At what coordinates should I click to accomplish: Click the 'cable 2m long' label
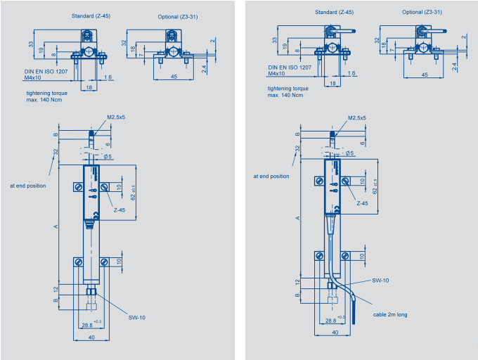391,315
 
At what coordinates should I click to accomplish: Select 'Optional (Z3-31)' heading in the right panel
422,12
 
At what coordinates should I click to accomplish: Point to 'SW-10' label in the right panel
381,280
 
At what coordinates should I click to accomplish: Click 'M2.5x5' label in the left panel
116,117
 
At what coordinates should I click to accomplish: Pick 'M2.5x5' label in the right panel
357,118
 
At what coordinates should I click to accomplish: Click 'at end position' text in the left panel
28,186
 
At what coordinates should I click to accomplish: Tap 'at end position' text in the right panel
271,176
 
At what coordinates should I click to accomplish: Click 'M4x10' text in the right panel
276,74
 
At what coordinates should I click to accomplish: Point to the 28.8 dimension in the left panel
86,326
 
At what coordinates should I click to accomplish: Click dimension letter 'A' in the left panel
56,226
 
